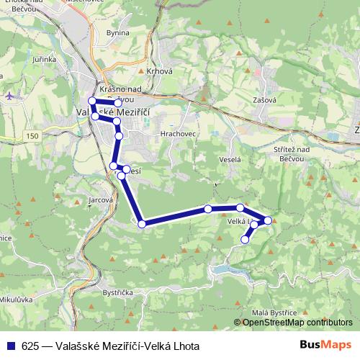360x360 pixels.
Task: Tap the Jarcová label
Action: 101,200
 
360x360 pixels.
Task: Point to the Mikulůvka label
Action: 17,298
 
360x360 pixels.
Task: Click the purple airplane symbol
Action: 9,95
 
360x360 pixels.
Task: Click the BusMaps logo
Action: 330,344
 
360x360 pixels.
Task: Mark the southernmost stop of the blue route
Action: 246,240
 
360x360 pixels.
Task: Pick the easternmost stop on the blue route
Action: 268,220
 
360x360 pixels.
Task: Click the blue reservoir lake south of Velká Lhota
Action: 225,270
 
